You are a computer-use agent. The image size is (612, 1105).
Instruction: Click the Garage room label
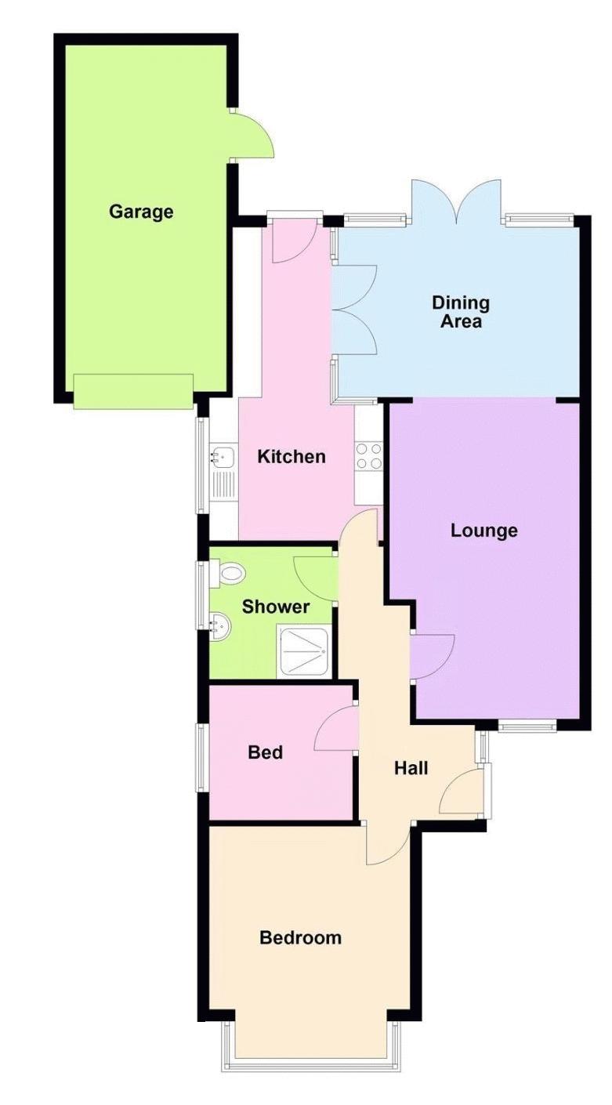(x=141, y=212)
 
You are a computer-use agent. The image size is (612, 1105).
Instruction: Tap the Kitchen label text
(x=292, y=456)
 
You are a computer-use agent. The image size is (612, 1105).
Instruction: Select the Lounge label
(x=483, y=531)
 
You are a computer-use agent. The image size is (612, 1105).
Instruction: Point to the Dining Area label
(x=461, y=312)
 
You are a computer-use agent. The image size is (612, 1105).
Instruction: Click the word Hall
(x=411, y=768)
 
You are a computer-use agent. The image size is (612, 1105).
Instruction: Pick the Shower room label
(x=276, y=607)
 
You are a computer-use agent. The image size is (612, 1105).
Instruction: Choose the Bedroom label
(x=300, y=937)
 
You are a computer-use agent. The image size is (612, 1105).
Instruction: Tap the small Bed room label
(x=266, y=752)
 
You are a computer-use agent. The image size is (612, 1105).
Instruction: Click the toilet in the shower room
(x=228, y=573)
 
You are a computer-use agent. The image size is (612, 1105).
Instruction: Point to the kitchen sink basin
(x=223, y=457)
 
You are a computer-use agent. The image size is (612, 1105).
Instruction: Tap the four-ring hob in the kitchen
(x=369, y=457)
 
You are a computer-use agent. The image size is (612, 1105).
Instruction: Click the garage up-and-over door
(x=133, y=391)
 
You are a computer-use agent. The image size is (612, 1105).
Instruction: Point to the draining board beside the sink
(x=223, y=485)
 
